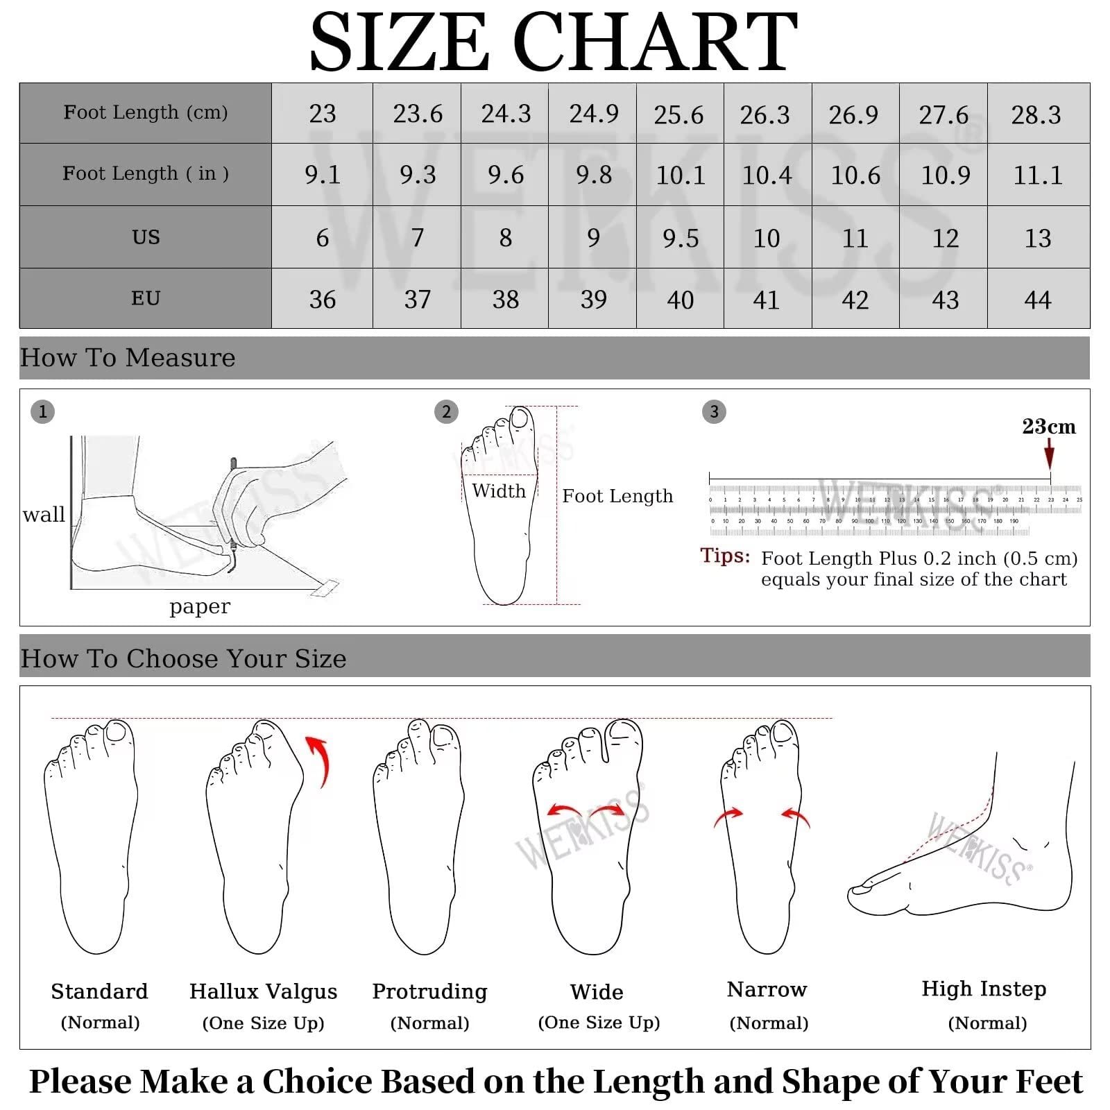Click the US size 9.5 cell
(680, 238)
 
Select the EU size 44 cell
(1038, 300)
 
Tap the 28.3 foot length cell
(1036, 114)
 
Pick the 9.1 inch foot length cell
(323, 175)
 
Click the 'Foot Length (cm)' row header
(146, 112)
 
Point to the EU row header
(146, 298)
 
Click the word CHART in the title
(655, 43)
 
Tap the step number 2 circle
(446, 412)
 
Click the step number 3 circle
(714, 412)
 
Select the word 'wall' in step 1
(44, 515)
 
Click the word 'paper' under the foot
(199, 606)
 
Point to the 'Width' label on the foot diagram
(499, 491)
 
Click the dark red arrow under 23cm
(1049, 456)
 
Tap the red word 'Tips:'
(725, 556)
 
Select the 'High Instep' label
(983, 989)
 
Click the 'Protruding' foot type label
(429, 991)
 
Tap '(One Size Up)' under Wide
(599, 1023)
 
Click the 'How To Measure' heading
(128, 358)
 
